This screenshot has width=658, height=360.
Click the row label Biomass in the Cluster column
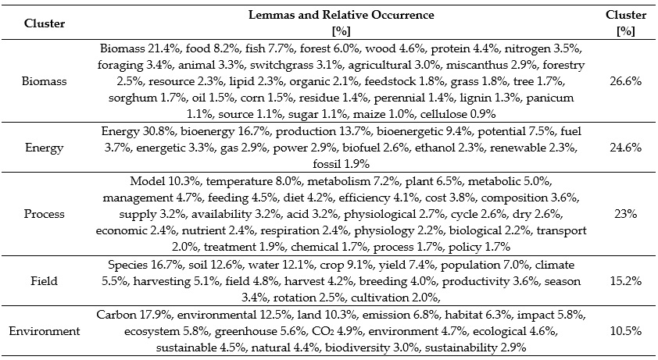tap(44, 81)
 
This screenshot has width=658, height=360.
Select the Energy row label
tap(44, 148)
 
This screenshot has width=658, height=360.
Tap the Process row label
tap(44, 214)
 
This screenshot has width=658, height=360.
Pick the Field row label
tap(44, 280)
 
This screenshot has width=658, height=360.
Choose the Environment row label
tap(44, 331)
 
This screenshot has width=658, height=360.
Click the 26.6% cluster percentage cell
tap(625, 81)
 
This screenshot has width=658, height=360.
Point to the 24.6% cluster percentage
tap(625, 148)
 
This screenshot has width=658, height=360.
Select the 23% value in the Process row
tap(625, 214)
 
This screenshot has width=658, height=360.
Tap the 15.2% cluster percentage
tap(625, 280)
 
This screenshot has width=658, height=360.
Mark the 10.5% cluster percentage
tap(625, 331)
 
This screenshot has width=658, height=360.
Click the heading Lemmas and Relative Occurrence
tap(342, 15)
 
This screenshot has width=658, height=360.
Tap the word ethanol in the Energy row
tap(434, 148)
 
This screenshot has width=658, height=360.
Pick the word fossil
tap(325, 164)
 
